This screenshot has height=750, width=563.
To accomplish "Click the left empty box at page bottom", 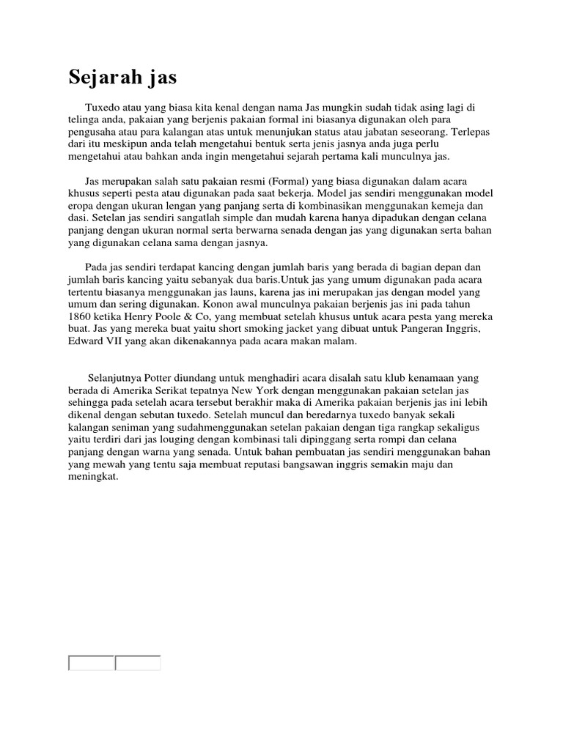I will (x=92, y=663).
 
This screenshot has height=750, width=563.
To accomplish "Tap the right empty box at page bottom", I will (x=138, y=663).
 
